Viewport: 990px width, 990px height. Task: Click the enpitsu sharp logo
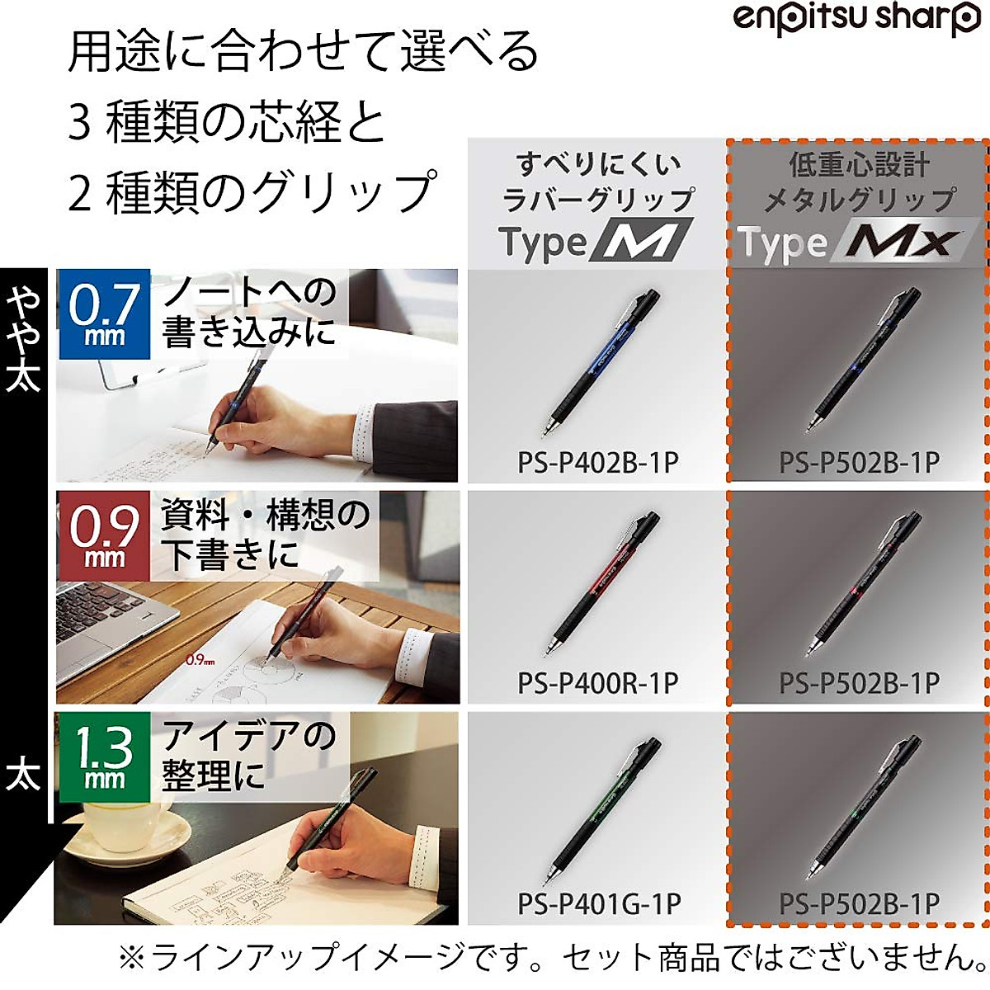click(x=856, y=18)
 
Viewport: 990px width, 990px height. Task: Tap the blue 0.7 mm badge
click(x=104, y=314)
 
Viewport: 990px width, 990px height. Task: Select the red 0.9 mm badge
click(x=104, y=535)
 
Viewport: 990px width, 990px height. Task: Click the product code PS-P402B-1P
click(x=598, y=462)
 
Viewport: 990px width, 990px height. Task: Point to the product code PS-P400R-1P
click(x=598, y=683)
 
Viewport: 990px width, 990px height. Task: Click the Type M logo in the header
click(x=596, y=242)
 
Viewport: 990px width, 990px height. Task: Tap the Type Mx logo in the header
click(x=850, y=243)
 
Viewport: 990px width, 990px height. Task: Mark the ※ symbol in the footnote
click(x=131, y=958)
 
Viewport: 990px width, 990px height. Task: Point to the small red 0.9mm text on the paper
click(x=200, y=660)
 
